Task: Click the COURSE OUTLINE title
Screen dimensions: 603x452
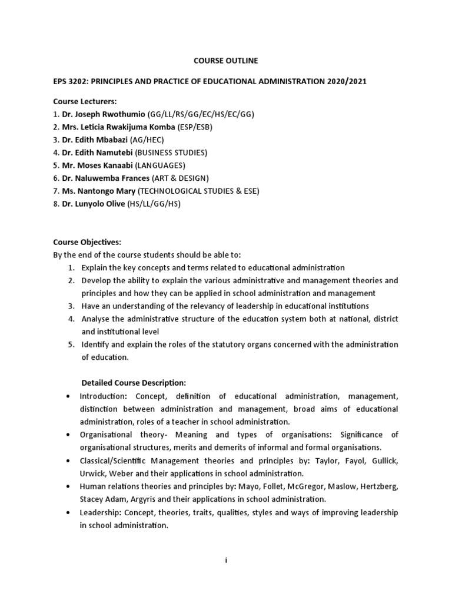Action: coord(226,61)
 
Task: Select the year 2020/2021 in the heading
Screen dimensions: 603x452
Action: coord(347,81)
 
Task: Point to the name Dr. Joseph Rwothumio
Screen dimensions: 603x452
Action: coord(104,114)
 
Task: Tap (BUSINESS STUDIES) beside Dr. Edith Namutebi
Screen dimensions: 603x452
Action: coord(172,153)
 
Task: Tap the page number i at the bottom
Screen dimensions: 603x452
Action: coord(226,561)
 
